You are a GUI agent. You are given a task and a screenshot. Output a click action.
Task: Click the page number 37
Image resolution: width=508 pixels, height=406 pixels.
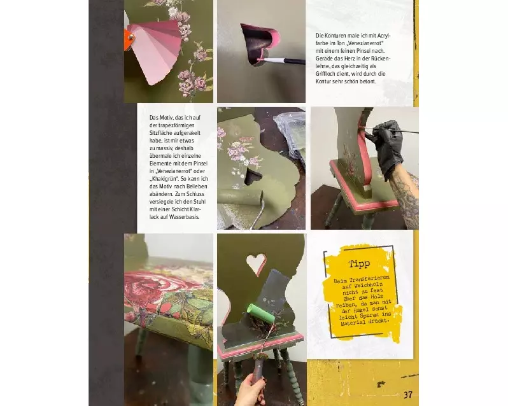coord(408,395)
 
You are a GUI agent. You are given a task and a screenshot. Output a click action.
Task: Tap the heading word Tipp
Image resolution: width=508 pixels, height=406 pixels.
coord(359,263)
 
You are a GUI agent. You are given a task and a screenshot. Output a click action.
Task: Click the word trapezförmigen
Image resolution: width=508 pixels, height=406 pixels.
coord(176,125)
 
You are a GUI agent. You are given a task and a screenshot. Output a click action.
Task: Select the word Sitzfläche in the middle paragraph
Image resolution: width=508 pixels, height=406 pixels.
coord(161,133)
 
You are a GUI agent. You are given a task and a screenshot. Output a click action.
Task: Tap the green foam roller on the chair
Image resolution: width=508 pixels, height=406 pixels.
coord(260,313)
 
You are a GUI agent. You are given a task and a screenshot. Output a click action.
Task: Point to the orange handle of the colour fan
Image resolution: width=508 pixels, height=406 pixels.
coord(129,39)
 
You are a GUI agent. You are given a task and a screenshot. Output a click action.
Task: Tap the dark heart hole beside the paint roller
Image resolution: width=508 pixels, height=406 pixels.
coord(253,177)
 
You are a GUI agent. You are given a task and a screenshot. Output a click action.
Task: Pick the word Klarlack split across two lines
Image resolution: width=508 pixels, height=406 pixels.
coord(176,213)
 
